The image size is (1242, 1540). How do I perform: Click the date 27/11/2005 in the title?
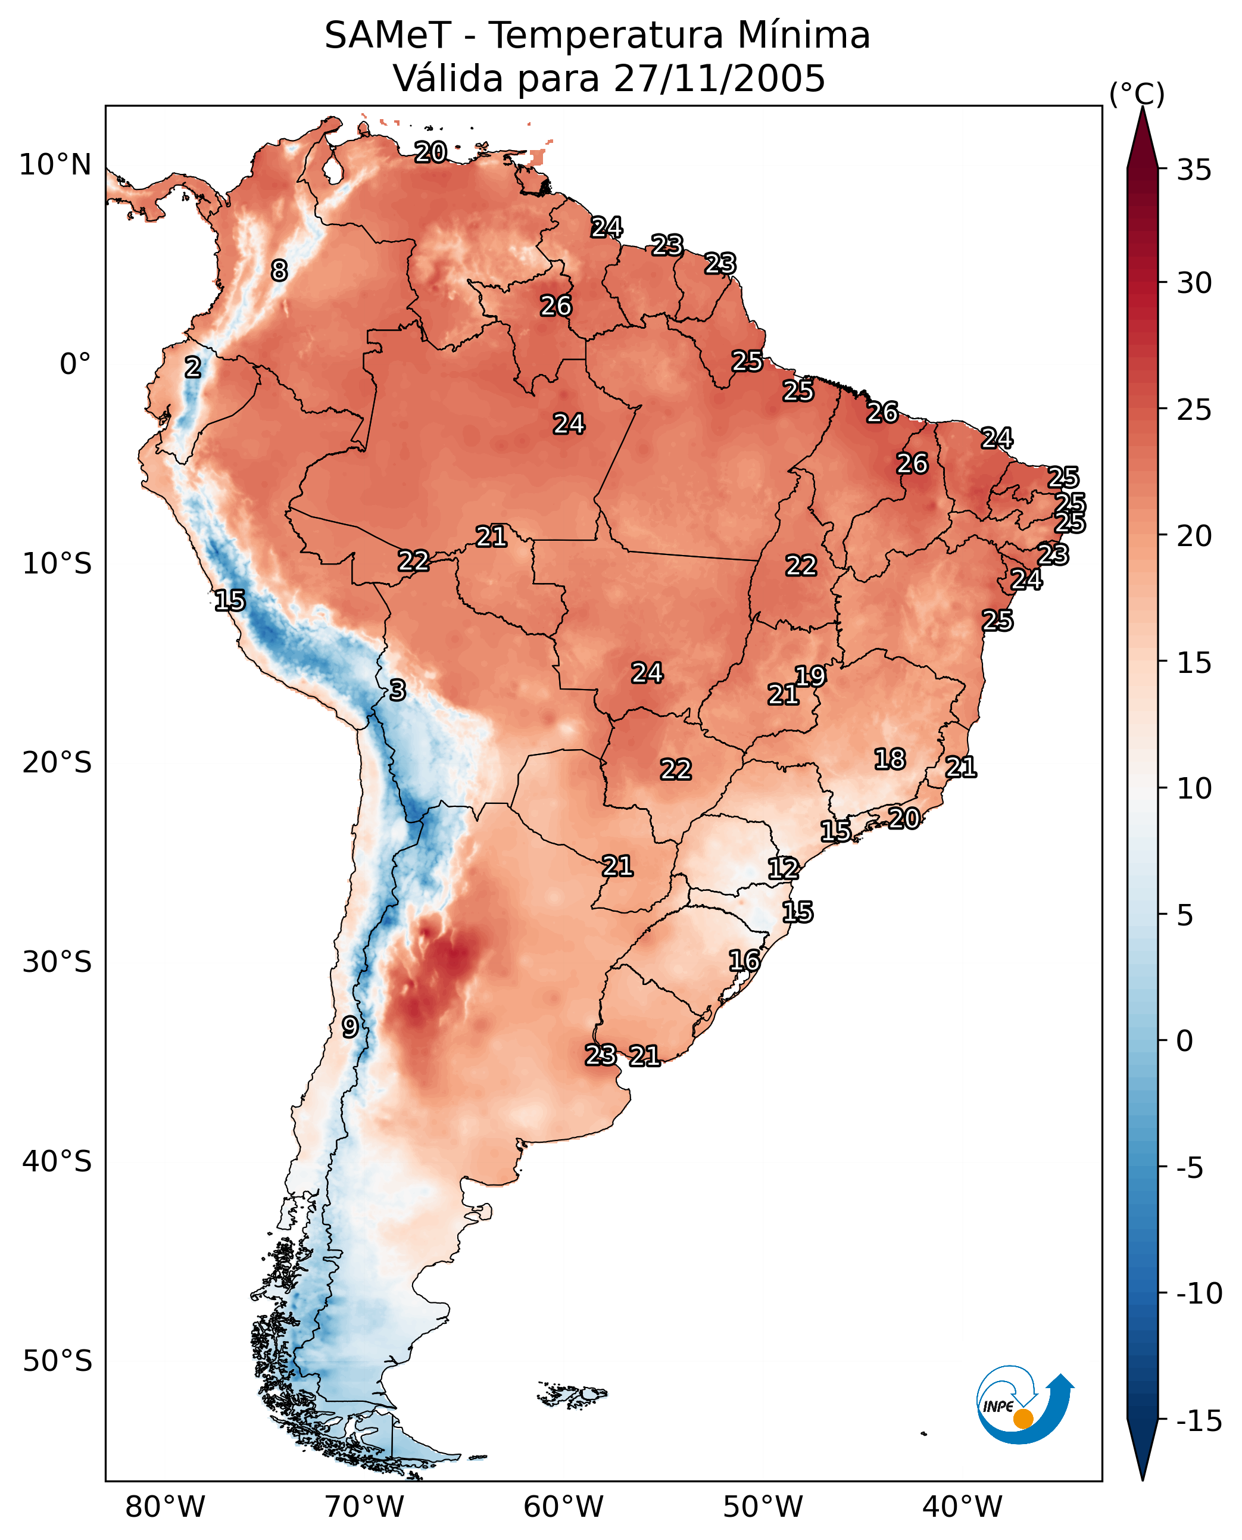tap(719, 78)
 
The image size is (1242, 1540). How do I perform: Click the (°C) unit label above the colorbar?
tap(1136, 93)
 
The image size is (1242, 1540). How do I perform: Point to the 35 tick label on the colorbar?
tap(1194, 170)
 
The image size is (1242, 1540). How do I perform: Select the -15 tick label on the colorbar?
tap(1199, 1421)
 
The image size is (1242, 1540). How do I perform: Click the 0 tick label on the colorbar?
tap(1185, 1040)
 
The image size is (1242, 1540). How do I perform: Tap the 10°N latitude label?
tap(55, 166)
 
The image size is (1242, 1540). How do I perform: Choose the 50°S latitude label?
tap(57, 1361)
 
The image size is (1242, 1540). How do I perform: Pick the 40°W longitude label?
tap(962, 1507)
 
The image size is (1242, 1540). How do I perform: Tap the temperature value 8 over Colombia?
tap(279, 270)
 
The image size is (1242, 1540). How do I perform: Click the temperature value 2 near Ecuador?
tap(192, 368)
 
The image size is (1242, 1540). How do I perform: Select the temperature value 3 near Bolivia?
tap(397, 691)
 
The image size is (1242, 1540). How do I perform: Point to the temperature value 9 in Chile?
tap(349, 1028)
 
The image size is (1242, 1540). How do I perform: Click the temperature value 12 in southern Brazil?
tap(783, 869)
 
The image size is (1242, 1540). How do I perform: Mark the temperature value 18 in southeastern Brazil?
tap(890, 759)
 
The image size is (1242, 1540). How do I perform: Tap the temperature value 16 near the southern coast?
tap(744, 961)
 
